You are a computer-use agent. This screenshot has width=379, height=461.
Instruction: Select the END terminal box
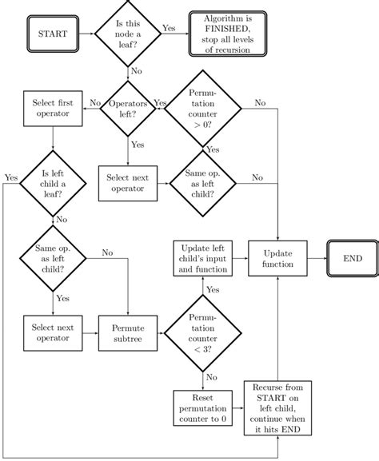pos(352,259)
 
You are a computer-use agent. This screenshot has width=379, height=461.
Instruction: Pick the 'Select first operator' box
pos(52,108)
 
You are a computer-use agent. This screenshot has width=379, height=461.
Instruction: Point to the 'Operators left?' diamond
pos(127,108)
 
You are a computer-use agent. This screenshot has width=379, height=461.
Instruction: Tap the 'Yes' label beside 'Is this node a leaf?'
pos(170,28)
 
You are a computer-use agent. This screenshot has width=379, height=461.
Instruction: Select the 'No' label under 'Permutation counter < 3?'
pos(212,377)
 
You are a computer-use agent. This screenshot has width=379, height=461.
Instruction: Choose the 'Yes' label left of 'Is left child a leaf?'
pos(11,177)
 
